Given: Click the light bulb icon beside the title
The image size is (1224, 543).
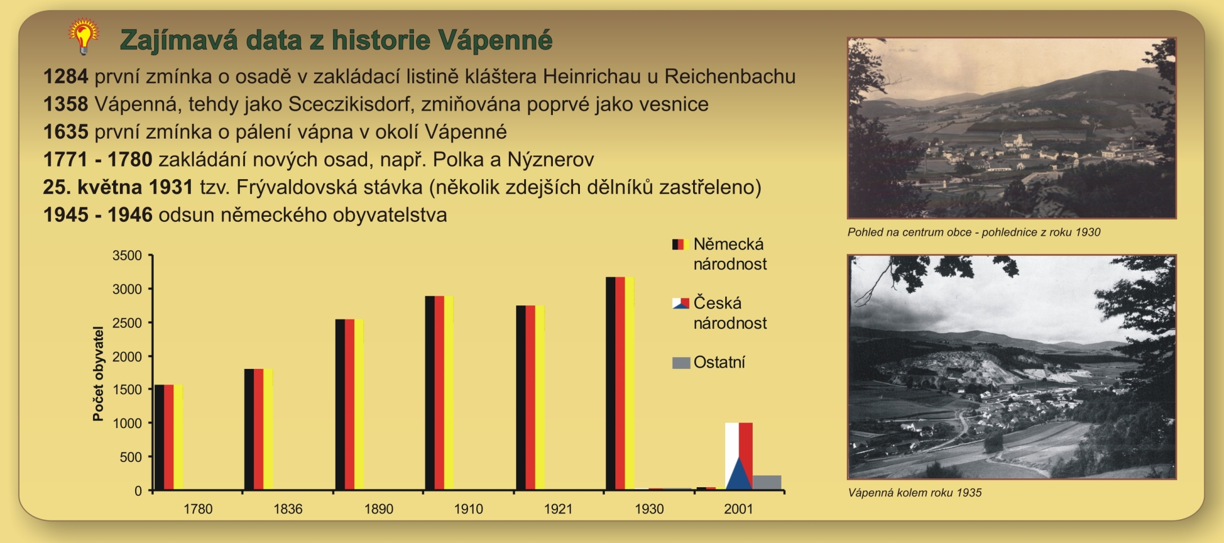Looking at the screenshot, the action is pyautogui.click(x=83, y=37).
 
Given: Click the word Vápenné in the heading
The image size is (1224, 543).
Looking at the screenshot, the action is pyautogui.click(x=495, y=40).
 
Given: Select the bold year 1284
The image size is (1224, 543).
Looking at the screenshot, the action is pyautogui.click(x=66, y=77).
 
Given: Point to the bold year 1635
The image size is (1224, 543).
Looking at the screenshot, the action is pyautogui.click(x=66, y=132).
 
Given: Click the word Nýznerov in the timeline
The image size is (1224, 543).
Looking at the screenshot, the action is pyautogui.click(x=550, y=160).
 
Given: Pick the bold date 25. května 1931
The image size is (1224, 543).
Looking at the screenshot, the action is pyautogui.click(x=118, y=187).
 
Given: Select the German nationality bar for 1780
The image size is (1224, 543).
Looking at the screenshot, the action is pyautogui.click(x=169, y=437).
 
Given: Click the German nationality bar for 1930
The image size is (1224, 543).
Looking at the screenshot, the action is pyautogui.click(x=620, y=383).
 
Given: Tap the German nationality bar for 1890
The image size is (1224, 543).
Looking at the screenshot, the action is pyautogui.click(x=350, y=404).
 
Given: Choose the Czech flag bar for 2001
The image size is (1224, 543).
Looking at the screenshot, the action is pyautogui.click(x=739, y=456).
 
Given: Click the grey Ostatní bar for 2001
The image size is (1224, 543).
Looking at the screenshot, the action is pyautogui.click(x=767, y=483).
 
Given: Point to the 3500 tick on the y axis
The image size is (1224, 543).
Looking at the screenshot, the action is pyautogui.click(x=127, y=256).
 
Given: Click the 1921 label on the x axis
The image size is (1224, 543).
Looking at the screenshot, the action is pyautogui.click(x=558, y=509).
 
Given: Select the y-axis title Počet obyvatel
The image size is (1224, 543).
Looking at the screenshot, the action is pyautogui.click(x=99, y=373).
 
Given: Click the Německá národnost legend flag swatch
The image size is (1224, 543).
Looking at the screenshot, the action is pyautogui.click(x=681, y=244).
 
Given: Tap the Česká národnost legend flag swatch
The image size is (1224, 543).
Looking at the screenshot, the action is pyautogui.click(x=681, y=304).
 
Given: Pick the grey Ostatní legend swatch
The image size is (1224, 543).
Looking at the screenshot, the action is pyautogui.click(x=681, y=363).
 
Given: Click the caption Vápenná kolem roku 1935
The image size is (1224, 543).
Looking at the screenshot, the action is pyautogui.click(x=914, y=493).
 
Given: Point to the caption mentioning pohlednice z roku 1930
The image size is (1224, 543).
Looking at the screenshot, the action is pyautogui.click(x=973, y=232).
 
